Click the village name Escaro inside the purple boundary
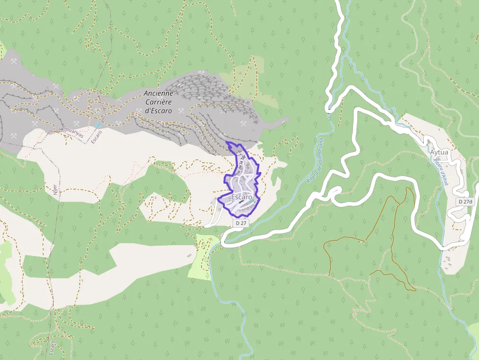tap(242, 197)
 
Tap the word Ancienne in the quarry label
tap(158, 93)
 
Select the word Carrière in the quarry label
tap(158, 102)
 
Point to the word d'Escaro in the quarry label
tap(158, 111)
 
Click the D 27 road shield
tap(240, 223)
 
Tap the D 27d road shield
tap(467, 202)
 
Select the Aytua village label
tap(439, 152)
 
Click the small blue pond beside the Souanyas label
tap(99, 126)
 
